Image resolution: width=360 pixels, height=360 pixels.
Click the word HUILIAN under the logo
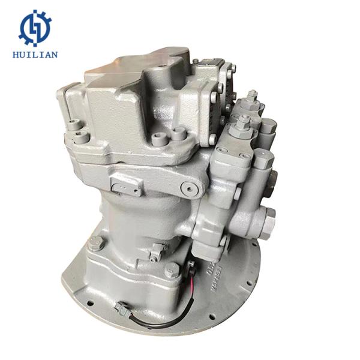click(35, 55)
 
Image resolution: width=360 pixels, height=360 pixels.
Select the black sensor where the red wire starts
click(190, 267)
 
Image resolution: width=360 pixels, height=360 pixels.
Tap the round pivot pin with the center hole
click(190, 190)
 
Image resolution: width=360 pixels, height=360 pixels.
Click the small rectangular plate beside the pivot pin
click(126, 185)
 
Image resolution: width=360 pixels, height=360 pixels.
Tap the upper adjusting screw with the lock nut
click(253, 99)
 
